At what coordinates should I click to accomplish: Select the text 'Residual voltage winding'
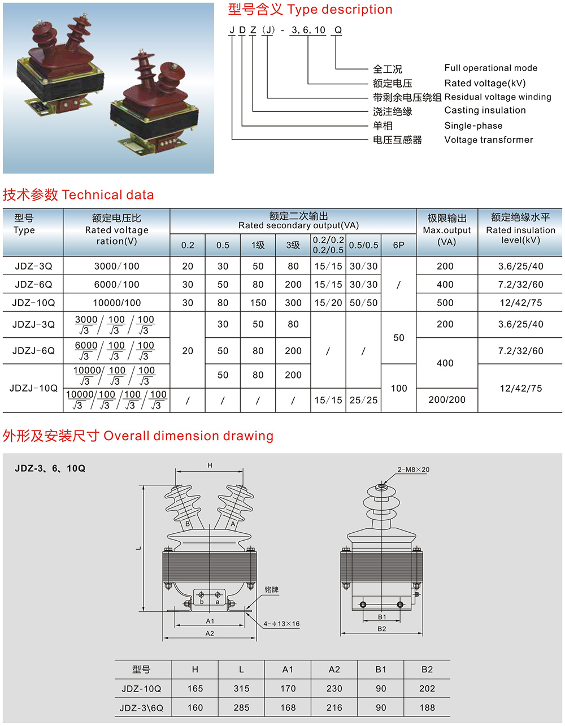pos(498,97)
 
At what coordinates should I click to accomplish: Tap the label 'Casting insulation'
pos(485,110)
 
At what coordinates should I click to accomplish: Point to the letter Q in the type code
pos(338,30)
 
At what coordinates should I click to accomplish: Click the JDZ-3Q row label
pos(33,266)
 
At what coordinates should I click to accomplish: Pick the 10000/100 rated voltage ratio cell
pos(116,303)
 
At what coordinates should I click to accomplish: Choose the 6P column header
pos(399,245)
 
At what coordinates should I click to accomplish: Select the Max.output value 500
pos(445,303)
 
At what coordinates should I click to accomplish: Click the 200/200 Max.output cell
pos(447,400)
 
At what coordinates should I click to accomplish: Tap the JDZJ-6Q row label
pos(33,351)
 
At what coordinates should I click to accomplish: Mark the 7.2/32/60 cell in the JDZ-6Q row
pos(520,285)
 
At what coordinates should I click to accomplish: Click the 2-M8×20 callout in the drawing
pos(414,469)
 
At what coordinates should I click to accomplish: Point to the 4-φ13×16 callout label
pos(281,624)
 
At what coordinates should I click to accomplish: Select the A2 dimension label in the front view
pos(210,633)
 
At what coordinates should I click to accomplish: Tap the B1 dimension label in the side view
pos(382,617)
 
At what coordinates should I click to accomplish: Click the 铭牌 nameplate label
pos(272,589)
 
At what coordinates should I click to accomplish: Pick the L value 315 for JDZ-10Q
pos(241,689)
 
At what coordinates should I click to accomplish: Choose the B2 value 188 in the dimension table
pos(427,707)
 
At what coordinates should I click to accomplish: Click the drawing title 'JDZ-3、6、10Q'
pos(50,468)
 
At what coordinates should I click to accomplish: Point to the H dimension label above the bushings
pos(210,466)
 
